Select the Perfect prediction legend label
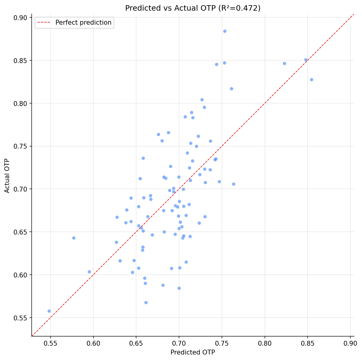[x=83, y=23]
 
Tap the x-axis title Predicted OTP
[x=193, y=352]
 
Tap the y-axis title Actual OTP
[x=7, y=175]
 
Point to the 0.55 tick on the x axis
[x=50, y=344]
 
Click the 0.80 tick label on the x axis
[x=265, y=344]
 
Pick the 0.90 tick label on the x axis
[x=350, y=344]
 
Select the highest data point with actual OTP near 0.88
[x=225, y=31]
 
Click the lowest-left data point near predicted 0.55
[x=49, y=311]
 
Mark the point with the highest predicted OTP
[x=311, y=79]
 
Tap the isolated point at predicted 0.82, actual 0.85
[x=284, y=63]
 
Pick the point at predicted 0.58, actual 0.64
[x=74, y=238]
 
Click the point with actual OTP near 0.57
[x=146, y=302]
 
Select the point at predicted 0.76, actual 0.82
[x=231, y=89]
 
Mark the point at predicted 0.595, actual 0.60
[x=89, y=272]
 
